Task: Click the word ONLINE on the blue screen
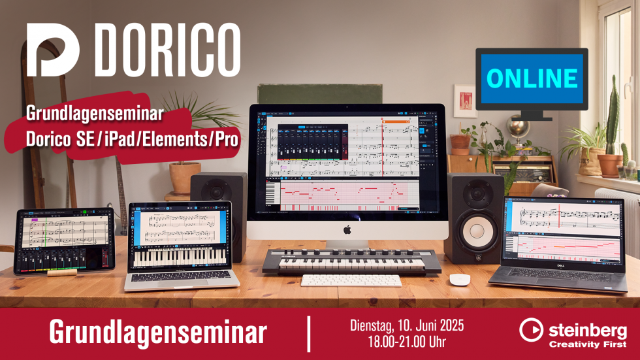click(532, 78)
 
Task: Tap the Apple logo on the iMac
click(347, 230)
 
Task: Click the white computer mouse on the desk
click(460, 279)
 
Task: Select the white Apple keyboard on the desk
click(351, 280)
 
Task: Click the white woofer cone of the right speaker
click(477, 231)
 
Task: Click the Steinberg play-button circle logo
click(531, 329)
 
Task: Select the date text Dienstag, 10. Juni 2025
click(407, 326)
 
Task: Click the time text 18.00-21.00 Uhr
click(407, 342)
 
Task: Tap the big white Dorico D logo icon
click(53, 50)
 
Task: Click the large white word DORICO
click(168, 50)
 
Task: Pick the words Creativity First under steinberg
click(588, 344)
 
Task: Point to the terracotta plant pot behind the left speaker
click(185, 177)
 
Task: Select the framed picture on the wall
click(465, 101)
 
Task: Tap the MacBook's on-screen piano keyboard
click(180, 257)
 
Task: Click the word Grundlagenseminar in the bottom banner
click(158, 333)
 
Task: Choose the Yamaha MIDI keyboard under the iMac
click(351, 261)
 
